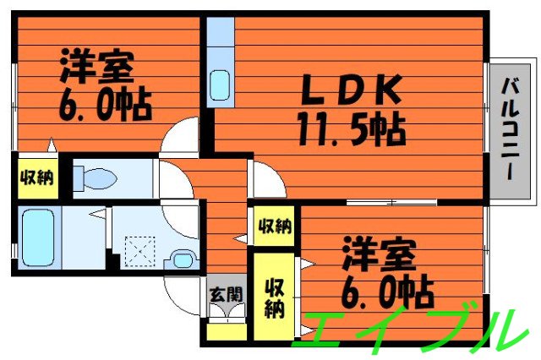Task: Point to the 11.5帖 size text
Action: [349, 129]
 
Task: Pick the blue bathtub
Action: [37, 236]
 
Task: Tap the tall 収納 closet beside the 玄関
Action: [274, 297]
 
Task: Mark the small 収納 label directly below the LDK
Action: [274, 226]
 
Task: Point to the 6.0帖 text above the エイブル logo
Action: [391, 292]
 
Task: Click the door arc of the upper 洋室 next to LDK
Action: [182, 137]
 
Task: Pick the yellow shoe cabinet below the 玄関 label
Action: [225, 330]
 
